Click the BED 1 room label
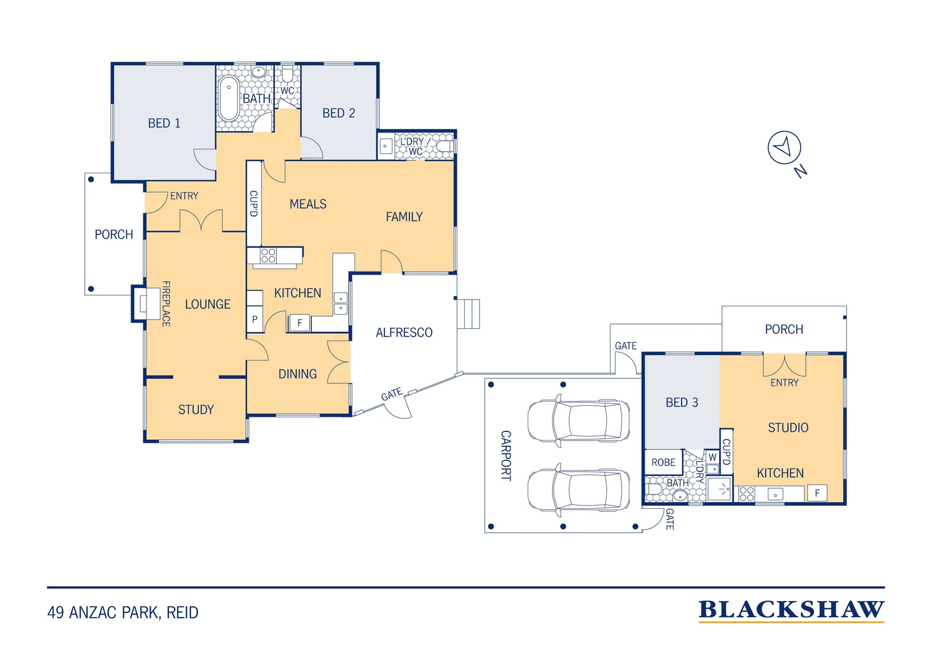164,123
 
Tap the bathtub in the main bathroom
228,98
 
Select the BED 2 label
339,113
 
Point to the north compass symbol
784,148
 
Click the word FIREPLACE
165,303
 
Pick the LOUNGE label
207,304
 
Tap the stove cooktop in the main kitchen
268,255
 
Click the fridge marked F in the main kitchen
299,323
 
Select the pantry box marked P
254,319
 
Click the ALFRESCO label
404,333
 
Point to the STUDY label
196,409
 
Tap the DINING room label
298,374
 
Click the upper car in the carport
578,421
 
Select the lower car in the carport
578,490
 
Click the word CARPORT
506,455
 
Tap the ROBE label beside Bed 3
663,463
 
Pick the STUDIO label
788,428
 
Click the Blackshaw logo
791,611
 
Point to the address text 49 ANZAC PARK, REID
123,613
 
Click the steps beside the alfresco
468,314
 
